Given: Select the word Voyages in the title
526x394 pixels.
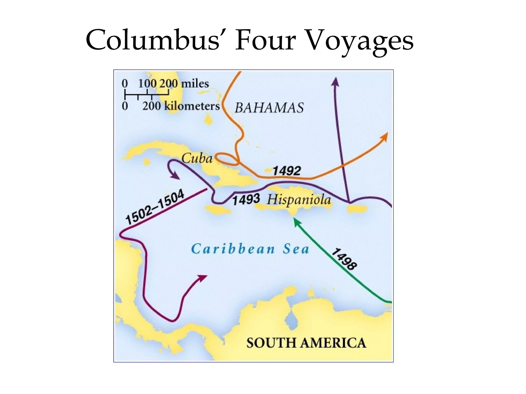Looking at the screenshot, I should click(360, 41).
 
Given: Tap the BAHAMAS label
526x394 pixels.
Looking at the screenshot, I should click(269, 108).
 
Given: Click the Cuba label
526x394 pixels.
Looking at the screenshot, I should click(197, 158).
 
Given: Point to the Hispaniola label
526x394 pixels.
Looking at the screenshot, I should click(299, 200).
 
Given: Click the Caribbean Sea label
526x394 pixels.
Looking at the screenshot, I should click(250, 249).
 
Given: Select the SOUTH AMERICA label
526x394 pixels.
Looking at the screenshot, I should click(306, 343).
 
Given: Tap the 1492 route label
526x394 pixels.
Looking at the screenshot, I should click(286, 171).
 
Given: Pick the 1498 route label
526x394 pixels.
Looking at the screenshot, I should click(344, 259).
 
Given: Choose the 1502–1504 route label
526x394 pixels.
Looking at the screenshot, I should click(155, 207).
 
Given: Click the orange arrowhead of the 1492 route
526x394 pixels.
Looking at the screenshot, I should click(384, 136).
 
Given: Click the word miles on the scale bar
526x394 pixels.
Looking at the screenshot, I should click(195, 84).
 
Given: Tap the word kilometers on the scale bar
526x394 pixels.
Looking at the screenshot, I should click(192, 106).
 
